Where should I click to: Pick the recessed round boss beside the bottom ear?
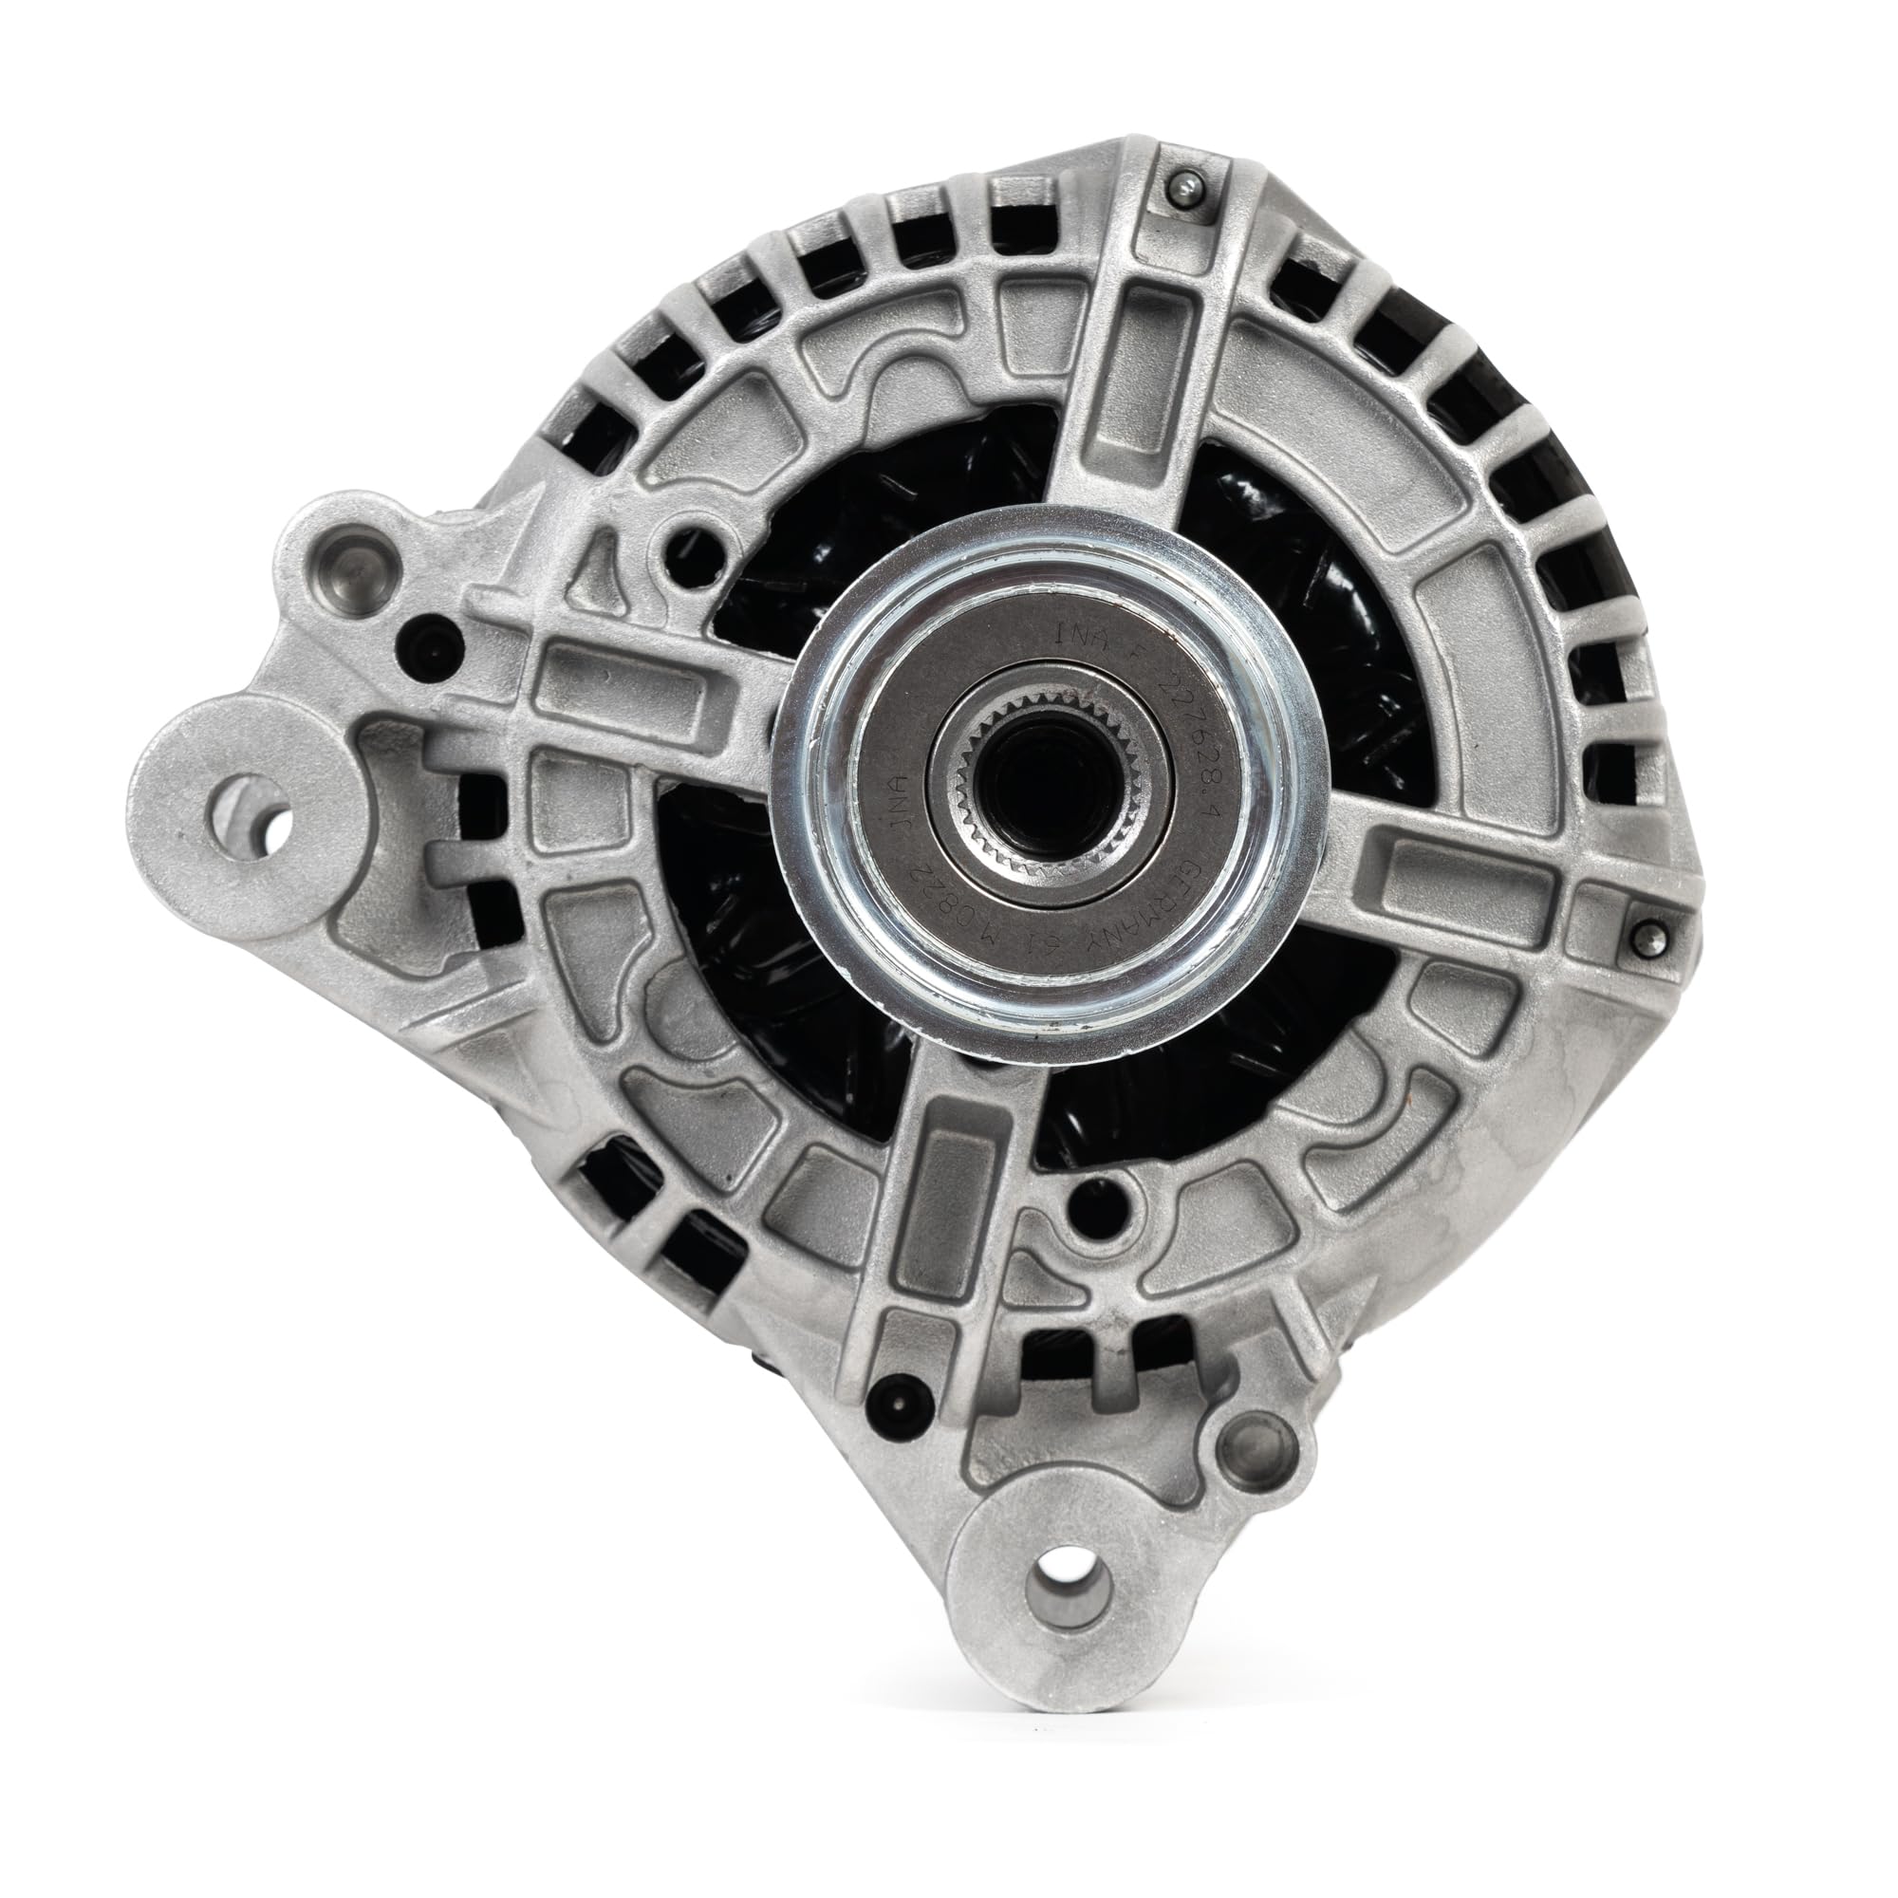coord(1258,1453)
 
